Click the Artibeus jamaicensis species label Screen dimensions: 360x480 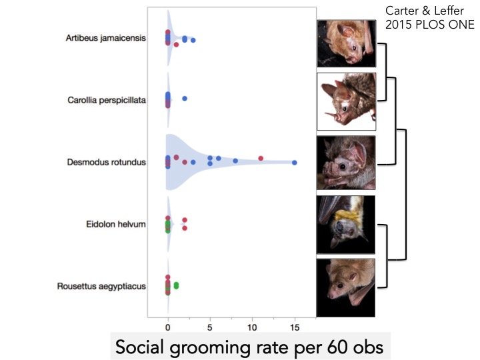(x=107, y=38)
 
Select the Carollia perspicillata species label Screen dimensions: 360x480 (x=107, y=100)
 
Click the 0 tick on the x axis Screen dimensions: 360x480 (x=168, y=327)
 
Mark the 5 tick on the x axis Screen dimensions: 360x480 (x=210, y=327)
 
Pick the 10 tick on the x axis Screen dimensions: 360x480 (x=252, y=327)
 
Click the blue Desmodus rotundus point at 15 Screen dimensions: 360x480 (x=294, y=163)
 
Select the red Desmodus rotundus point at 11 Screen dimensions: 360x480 (x=261, y=158)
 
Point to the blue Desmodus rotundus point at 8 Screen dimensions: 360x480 (x=235, y=161)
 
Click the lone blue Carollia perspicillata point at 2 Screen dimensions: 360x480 (x=185, y=99)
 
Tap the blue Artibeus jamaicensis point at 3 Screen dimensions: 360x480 (x=193, y=41)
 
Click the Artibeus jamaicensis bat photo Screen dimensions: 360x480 (x=346, y=42)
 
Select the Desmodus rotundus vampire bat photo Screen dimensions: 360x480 (x=346, y=163)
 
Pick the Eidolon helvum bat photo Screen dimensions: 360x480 (x=346, y=225)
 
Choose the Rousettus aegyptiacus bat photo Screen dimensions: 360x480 (x=346, y=287)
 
